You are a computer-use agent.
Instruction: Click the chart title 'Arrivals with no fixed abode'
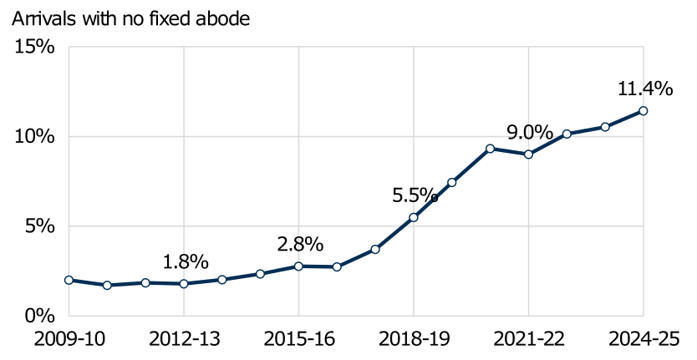[x=130, y=18]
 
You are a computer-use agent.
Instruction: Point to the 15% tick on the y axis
[x=35, y=47]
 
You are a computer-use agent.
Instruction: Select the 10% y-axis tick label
[x=35, y=136]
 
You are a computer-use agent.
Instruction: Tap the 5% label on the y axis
[x=40, y=226]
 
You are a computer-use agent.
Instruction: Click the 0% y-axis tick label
[x=40, y=316]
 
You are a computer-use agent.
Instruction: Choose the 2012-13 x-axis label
[x=183, y=339]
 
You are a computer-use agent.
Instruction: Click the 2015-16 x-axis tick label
[x=298, y=339]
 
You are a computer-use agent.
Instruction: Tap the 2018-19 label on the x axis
[x=413, y=339]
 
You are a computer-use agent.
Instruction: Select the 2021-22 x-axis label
[x=528, y=339]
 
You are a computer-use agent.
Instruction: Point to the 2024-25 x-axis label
[x=643, y=339]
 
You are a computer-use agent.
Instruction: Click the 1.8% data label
[x=185, y=261]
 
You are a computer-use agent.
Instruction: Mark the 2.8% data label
[x=300, y=244]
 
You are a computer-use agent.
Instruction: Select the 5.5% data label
[x=415, y=195]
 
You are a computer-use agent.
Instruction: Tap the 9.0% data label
[x=529, y=132]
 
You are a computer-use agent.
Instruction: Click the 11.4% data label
[x=644, y=89]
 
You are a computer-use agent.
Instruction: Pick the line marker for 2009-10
[x=69, y=280]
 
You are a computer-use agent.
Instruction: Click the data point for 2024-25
[x=643, y=110]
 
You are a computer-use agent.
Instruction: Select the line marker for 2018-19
[x=413, y=217]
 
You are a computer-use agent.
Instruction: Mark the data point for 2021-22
[x=528, y=154]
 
